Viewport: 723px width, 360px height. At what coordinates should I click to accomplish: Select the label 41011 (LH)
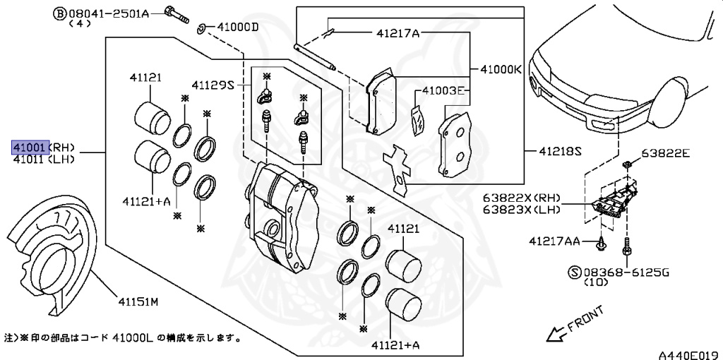tap(42, 159)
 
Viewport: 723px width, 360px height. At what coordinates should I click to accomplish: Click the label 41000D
tap(238, 28)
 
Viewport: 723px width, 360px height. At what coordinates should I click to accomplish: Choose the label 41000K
tap(501, 69)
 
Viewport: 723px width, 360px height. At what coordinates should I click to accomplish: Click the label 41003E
tap(443, 91)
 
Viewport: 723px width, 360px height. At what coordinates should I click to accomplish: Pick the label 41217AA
tap(554, 241)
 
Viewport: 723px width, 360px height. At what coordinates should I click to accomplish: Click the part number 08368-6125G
tap(619, 271)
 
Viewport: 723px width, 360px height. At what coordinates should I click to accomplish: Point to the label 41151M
tap(138, 302)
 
